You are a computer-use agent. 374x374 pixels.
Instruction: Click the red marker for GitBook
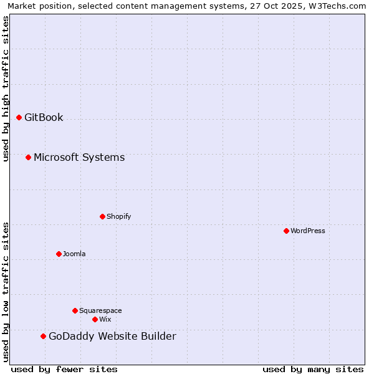[19, 117]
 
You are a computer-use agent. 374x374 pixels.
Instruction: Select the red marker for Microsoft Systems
[28, 157]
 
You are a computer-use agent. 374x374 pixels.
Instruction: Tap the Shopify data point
[102, 216]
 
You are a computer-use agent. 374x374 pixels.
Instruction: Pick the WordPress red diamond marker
[286, 231]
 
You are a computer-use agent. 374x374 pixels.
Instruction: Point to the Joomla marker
[59, 254]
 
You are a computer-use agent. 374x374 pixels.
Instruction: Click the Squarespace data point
[75, 310]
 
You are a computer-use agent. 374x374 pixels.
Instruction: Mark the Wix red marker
[95, 319]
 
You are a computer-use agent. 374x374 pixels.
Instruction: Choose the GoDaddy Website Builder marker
[43, 337]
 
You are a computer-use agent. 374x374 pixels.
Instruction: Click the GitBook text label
[44, 117]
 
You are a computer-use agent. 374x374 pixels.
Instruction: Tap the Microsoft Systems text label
[79, 157]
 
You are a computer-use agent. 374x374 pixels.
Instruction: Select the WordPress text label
[308, 231]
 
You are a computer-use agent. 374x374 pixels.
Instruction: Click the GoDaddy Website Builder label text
[112, 337]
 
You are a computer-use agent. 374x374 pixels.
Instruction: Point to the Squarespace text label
[100, 310]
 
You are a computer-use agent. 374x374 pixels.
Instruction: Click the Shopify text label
[118, 216]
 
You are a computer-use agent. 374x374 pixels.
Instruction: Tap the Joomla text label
[74, 254]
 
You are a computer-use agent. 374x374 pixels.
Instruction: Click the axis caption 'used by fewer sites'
[64, 370]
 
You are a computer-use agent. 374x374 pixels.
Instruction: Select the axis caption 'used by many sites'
[313, 370]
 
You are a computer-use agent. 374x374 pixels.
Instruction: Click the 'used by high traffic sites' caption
[6, 89]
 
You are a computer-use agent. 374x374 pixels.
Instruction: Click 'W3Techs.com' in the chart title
[335, 6]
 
